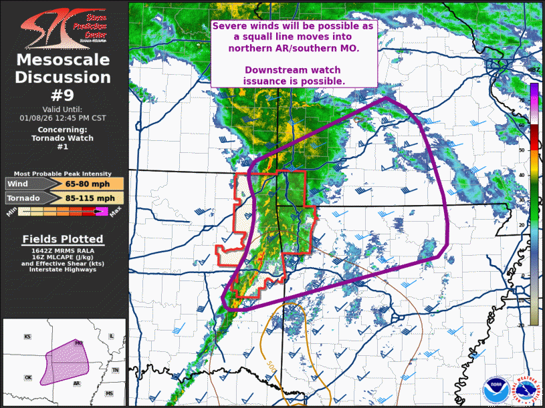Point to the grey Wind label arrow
(x=24, y=184)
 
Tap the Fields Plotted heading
(x=63, y=239)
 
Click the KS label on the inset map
(x=27, y=337)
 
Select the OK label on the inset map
(x=28, y=377)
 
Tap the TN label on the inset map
(x=115, y=370)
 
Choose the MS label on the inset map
(x=109, y=394)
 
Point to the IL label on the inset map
(x=112, y=336)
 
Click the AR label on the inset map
(x=77, y=384)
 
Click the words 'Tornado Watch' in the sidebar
(x=63, y=138)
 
